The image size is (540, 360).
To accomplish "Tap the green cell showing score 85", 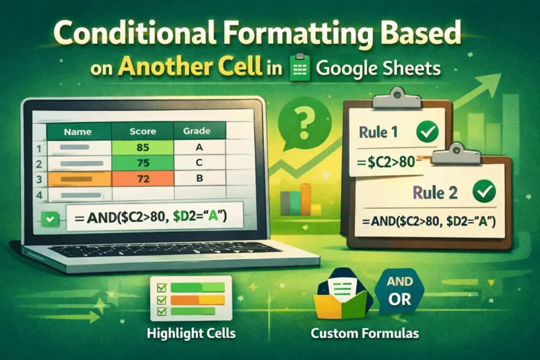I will pos(143,147).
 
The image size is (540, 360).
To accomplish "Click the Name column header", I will pos(77,130).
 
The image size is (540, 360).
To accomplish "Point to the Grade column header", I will pos(196,130).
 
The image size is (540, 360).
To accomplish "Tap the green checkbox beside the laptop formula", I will pos(49,219).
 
